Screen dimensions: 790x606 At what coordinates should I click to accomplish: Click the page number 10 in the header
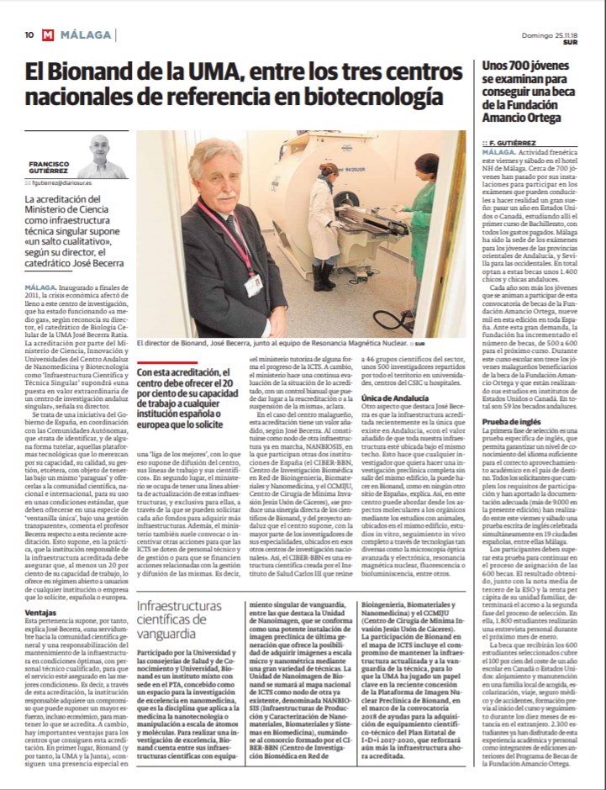(29, 35)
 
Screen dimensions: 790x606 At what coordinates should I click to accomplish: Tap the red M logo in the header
(48, 35)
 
